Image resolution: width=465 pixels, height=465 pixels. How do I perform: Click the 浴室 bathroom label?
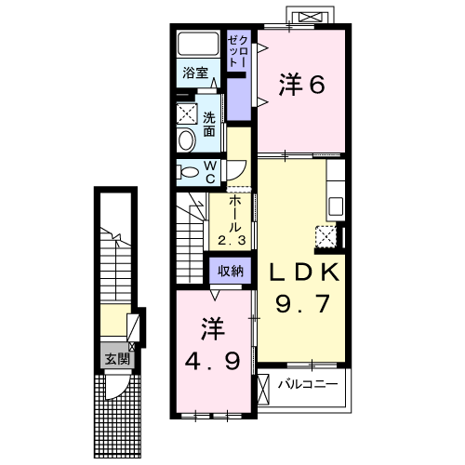(x=195, y=73)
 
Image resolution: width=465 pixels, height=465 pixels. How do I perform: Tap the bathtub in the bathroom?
(x=198, y=44)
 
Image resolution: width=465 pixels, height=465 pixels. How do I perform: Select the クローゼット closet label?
(x=238, y=51)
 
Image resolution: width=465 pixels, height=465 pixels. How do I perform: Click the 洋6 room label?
(x=301, y=85)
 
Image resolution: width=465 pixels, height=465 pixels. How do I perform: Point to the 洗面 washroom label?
(x=209, y=125)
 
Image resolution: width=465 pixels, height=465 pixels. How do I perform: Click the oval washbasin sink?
(x=186, y=140)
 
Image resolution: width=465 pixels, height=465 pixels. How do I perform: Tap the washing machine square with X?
(x=187, y=113)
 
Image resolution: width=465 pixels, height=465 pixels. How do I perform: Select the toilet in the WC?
(x=187, y=172)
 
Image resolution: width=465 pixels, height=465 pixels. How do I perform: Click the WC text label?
(x=210, y=172)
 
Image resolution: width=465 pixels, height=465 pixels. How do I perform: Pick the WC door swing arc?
(x=241, y=173)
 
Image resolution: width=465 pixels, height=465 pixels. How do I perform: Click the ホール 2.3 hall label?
(x=232, y=220)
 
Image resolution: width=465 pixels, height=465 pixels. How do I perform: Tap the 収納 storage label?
(x=231, y=272)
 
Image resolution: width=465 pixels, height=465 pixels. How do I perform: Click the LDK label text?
(x=303, y=272)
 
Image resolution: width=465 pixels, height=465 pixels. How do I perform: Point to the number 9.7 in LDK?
(x=302, y=304)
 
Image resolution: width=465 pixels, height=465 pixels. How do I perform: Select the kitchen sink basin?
(x=336, y=206)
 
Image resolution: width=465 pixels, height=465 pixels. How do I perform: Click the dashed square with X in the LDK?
(x=325, y=237)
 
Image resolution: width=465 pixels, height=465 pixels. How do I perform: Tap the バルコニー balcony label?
(x=308, y=385)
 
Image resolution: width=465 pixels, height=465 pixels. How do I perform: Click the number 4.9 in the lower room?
(x=212, y=362)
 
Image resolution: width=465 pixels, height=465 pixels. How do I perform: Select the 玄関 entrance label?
(x=117, y=359)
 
